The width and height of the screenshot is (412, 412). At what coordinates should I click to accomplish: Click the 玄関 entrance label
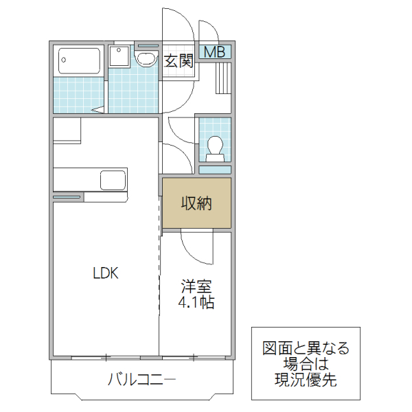pos(179,61)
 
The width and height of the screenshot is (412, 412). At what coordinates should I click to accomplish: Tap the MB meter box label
pos(215,51)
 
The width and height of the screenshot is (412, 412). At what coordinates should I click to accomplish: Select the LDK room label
pos(106,273)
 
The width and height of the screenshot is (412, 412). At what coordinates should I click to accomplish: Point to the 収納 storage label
pos(196,203)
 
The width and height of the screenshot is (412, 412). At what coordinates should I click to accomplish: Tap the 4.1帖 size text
pos(196,302)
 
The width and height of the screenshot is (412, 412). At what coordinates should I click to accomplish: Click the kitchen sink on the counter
pos(113,181)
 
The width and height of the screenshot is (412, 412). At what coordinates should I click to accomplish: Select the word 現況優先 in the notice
pos(306,380)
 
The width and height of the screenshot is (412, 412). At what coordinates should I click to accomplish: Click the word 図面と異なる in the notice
pos(306,348)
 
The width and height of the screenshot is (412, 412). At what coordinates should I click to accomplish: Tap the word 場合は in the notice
pos(306,364)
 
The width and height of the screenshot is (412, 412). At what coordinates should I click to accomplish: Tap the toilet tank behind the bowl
pos(215,157)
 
